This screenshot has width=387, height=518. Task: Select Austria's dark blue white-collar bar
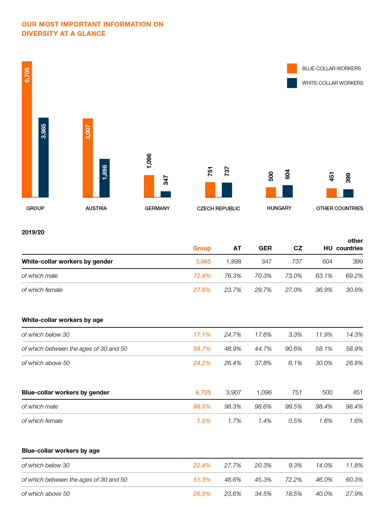point(105,178)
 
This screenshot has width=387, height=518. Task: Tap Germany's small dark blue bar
point(166,194)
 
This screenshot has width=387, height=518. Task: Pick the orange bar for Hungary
point(271,192)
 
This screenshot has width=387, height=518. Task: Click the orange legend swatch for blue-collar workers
point(292,69)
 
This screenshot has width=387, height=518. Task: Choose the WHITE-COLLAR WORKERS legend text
point(333,83)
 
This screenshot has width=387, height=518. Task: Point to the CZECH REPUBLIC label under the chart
point(218,209)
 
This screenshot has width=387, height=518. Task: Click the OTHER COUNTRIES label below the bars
point(340,208)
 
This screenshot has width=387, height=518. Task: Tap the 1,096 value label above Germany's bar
point(149,161)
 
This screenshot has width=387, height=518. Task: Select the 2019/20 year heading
point(33,232)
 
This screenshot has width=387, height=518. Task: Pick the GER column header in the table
point(265,248)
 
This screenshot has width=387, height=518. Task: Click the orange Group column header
point(202,248)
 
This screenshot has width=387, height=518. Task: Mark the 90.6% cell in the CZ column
point(293,349)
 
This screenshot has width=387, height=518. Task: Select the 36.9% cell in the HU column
point(324,290)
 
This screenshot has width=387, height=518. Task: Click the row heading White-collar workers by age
point(62,320)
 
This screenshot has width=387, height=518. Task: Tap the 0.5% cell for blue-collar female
point(295,421)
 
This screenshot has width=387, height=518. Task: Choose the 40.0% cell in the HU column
point(324,494)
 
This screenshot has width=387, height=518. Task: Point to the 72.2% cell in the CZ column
point(293,480)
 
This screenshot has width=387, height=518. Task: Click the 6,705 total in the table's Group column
point(203,393)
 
